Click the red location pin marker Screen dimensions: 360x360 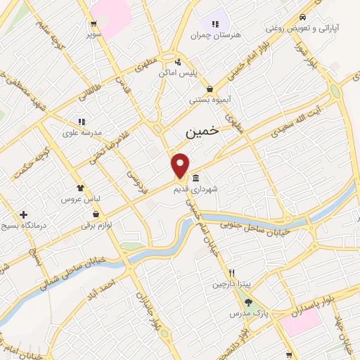[181, 165]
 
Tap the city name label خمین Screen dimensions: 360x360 [202, 131]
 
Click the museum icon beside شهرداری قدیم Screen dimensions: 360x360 [195, 176]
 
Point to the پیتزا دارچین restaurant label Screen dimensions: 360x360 [232, 284]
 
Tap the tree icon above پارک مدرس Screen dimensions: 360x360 [248, 302]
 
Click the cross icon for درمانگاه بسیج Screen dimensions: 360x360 [24, 214]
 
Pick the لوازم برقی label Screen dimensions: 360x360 [96, 225]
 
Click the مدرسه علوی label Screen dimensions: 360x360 [82, 132]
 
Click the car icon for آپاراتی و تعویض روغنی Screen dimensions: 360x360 [302, 18]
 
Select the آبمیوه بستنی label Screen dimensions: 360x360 [209, 99]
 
